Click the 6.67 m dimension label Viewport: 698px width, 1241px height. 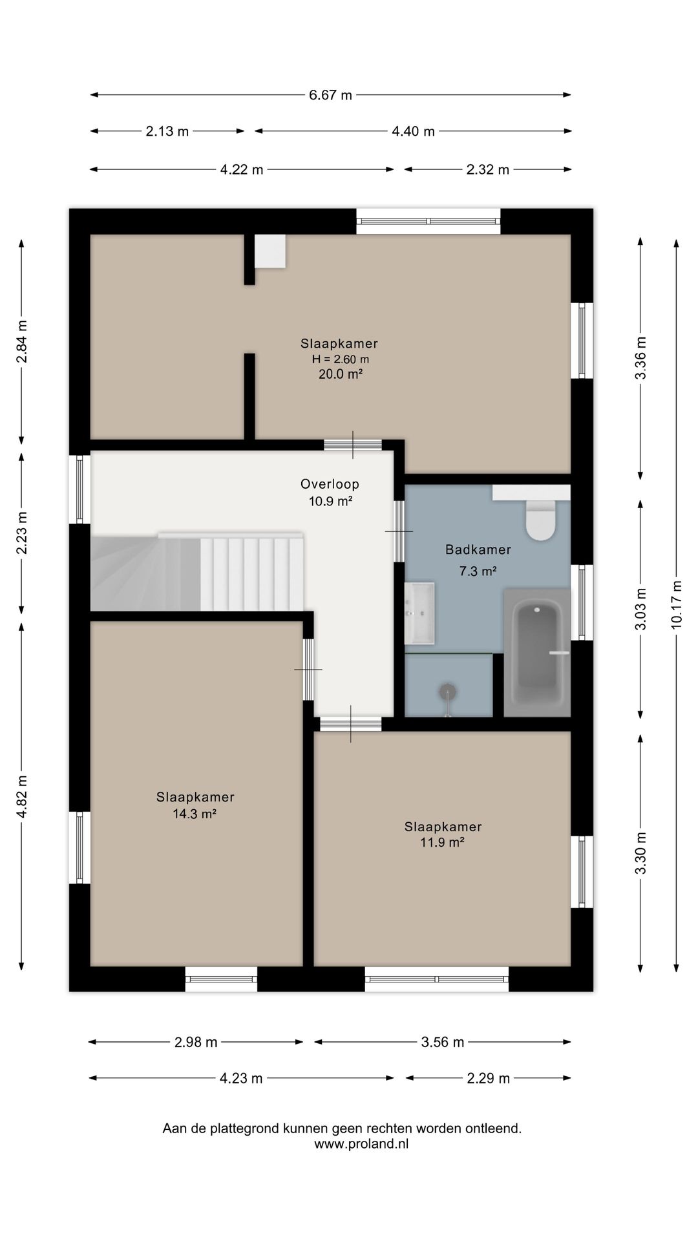330,95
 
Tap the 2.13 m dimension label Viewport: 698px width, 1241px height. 167,131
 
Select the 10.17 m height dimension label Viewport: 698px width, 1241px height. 676,604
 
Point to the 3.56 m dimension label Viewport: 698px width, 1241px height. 443,1042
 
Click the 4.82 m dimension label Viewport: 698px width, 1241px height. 21,796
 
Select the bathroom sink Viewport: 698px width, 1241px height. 419,613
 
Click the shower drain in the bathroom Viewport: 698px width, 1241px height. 447,692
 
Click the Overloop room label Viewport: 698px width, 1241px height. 330,484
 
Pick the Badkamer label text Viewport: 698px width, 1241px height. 478,549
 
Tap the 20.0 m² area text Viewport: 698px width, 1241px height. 340,374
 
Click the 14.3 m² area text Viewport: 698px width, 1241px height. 194,814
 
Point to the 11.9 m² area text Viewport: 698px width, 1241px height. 443,842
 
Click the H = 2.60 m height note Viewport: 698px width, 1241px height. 341,359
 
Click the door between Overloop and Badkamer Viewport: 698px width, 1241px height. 399,531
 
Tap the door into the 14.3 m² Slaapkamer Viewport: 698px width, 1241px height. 308,670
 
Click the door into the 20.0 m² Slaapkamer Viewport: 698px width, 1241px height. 353,445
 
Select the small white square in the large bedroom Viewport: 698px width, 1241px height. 270,251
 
